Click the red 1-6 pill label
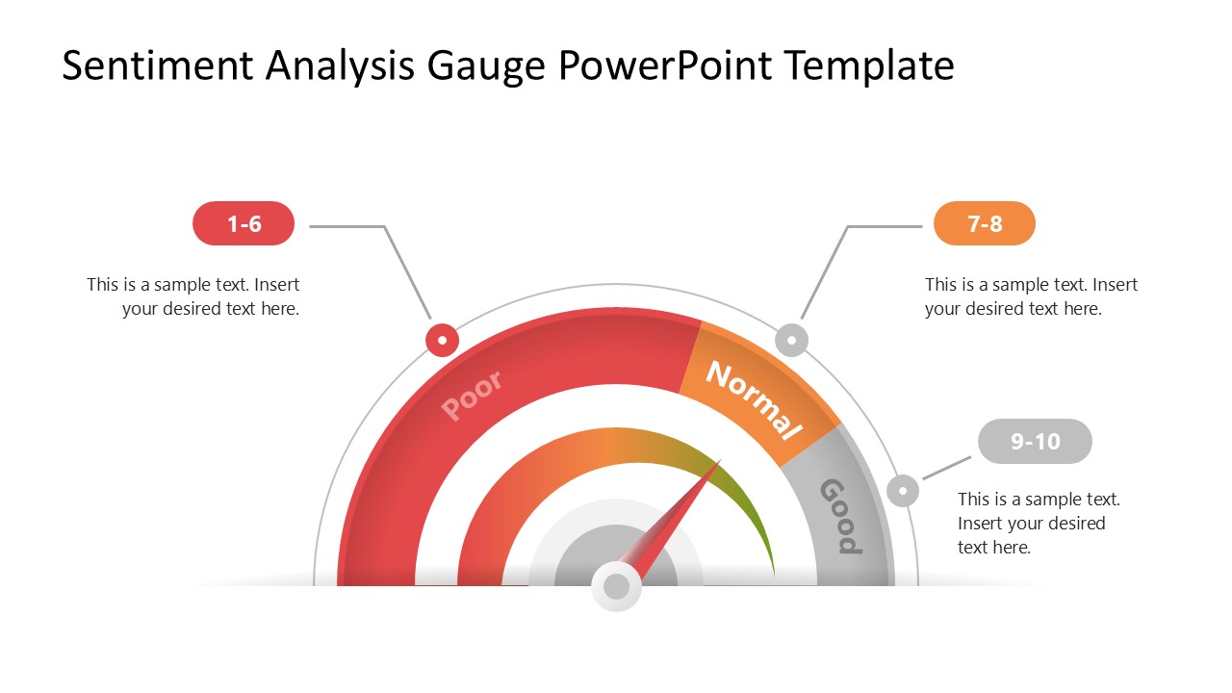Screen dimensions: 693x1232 [244, 224]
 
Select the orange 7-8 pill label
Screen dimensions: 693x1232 [985, 224]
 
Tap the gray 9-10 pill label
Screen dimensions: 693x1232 [1035, 442]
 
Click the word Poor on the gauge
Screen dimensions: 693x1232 [472, 396]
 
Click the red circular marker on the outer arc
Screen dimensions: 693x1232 [442, 340]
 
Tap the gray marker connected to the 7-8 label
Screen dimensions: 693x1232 [791, 340]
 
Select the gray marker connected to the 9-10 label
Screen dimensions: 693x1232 [903, 491]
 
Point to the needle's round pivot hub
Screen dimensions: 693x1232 [616, 586]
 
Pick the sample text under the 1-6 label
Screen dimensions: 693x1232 [193, 296]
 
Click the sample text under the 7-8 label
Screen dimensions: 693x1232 [1031, 296]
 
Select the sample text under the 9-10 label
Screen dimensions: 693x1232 [1039, 523]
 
